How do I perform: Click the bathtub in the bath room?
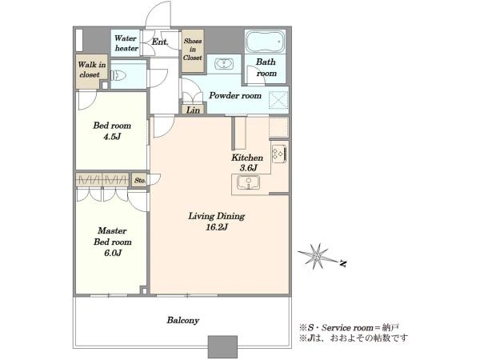coord(266,42)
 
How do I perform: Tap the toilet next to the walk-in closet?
coord(118,75)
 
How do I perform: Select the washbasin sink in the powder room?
coord(224,64)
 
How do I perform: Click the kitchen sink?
coord(248,182)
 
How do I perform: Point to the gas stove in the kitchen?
coord(279,154)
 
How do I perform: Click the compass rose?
coord(318,256)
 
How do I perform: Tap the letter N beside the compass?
coord(343,263)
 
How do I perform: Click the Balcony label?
coord(183,321)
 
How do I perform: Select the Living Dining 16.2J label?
coord(217,222)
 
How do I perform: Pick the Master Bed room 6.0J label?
coord(112,242)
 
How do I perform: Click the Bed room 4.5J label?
coord(112,130)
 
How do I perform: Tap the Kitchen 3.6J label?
coord(247,162)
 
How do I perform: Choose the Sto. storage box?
coord(139,180)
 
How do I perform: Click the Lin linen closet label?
coord(193,110)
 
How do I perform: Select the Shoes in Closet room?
coord(193,50)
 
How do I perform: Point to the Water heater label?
coord(126,43)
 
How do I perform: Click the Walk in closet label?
coord(91,70)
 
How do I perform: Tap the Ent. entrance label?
coord(160,42)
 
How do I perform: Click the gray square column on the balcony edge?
coord(222,347)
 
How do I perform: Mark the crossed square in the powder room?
coord(278,100)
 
